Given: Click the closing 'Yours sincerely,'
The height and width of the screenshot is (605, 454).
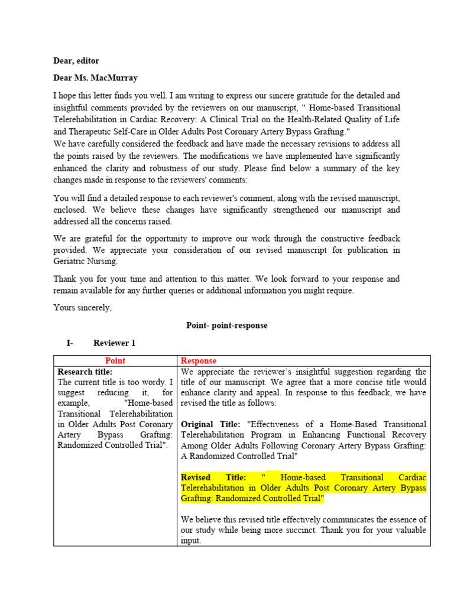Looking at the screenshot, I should tap(82, 308).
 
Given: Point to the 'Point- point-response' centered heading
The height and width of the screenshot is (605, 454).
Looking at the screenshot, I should tap(227, 326).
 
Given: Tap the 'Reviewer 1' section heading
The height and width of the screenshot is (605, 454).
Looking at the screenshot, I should tap(114, 343).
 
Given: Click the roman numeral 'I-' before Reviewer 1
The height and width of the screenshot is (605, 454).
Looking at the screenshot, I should tap(70, 343).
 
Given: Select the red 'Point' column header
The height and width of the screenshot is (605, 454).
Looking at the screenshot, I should tap(115, 361).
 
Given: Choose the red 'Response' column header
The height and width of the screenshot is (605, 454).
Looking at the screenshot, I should tap(199, 361).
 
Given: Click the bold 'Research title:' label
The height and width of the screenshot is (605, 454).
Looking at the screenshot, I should tap(85, 372).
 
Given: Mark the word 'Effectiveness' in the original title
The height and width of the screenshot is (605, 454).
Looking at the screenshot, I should tap(283, 424).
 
